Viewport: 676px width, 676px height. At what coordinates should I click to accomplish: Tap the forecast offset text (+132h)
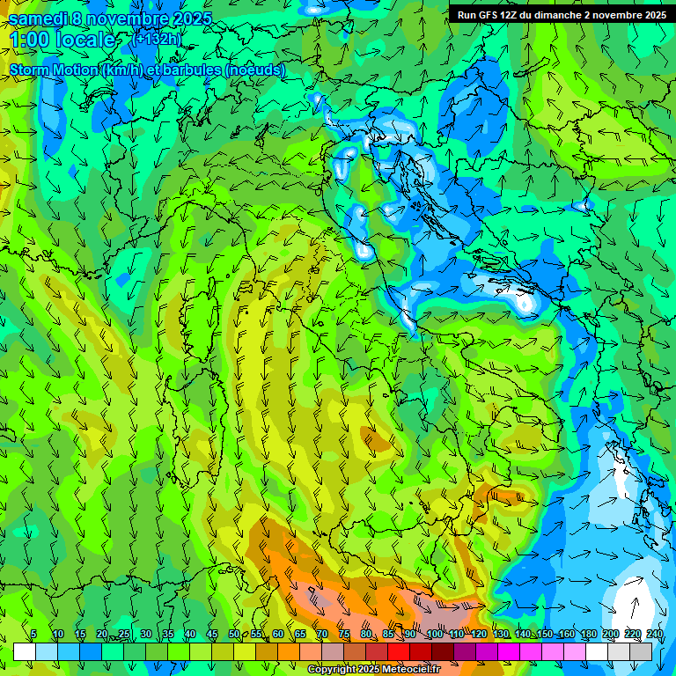156,39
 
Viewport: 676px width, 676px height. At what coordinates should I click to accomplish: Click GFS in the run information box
489,15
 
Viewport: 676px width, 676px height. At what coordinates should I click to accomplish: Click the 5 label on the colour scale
33,634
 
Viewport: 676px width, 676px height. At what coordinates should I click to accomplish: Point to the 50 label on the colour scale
234,634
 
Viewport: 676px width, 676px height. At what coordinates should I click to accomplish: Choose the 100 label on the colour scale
435,634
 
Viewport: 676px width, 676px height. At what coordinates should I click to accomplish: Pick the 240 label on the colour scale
655,634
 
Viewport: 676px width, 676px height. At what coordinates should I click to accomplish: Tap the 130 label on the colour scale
501,634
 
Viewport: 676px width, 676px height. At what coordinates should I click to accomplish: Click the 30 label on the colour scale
146,634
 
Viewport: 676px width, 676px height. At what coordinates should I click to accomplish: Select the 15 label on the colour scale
80,634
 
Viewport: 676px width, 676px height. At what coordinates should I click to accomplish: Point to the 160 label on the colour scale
567,634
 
